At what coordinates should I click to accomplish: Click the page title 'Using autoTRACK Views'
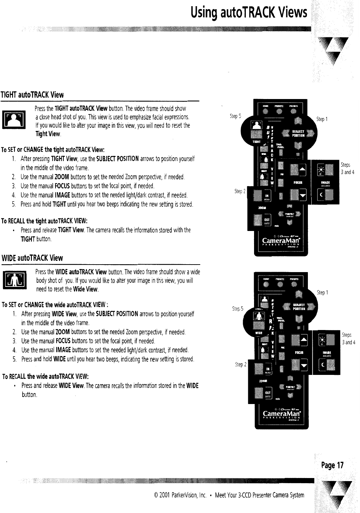pyautogui.click(x=249, y=13)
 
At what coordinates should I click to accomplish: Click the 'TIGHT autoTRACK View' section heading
pyautogui.click(x=32, y=95)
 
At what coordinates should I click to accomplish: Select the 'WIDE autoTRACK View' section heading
pyautogui.click(x=33, y=258)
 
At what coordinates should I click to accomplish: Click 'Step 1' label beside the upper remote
pyautogui.click(x=322, y=119)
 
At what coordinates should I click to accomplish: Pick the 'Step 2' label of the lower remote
pyautogui.click(x=240, y=365)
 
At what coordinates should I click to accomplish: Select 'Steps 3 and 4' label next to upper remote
pyautogui.click(x=347, y=169)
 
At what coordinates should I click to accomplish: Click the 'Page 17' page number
pyautogui.click(x=332, y=465)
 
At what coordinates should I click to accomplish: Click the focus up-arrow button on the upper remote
pyautogui.click(x=302, y=169)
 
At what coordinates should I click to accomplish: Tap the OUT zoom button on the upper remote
pyautogui.click(x=266, y=220)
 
